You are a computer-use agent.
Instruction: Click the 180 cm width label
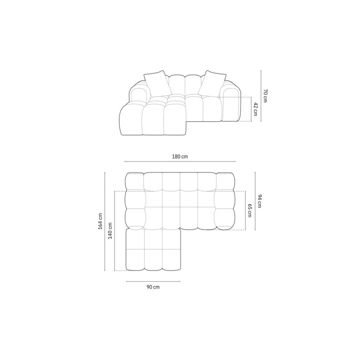[180, 156]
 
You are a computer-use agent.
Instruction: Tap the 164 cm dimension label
[100, 221]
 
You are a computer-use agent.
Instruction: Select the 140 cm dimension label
[110, 231]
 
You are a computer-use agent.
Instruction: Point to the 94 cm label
[259, 201]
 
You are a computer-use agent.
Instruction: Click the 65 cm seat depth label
[249, 210]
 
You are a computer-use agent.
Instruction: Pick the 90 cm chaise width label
[153, 287]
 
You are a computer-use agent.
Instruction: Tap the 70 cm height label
[265, 96]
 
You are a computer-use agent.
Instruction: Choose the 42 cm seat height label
[256, 109]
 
